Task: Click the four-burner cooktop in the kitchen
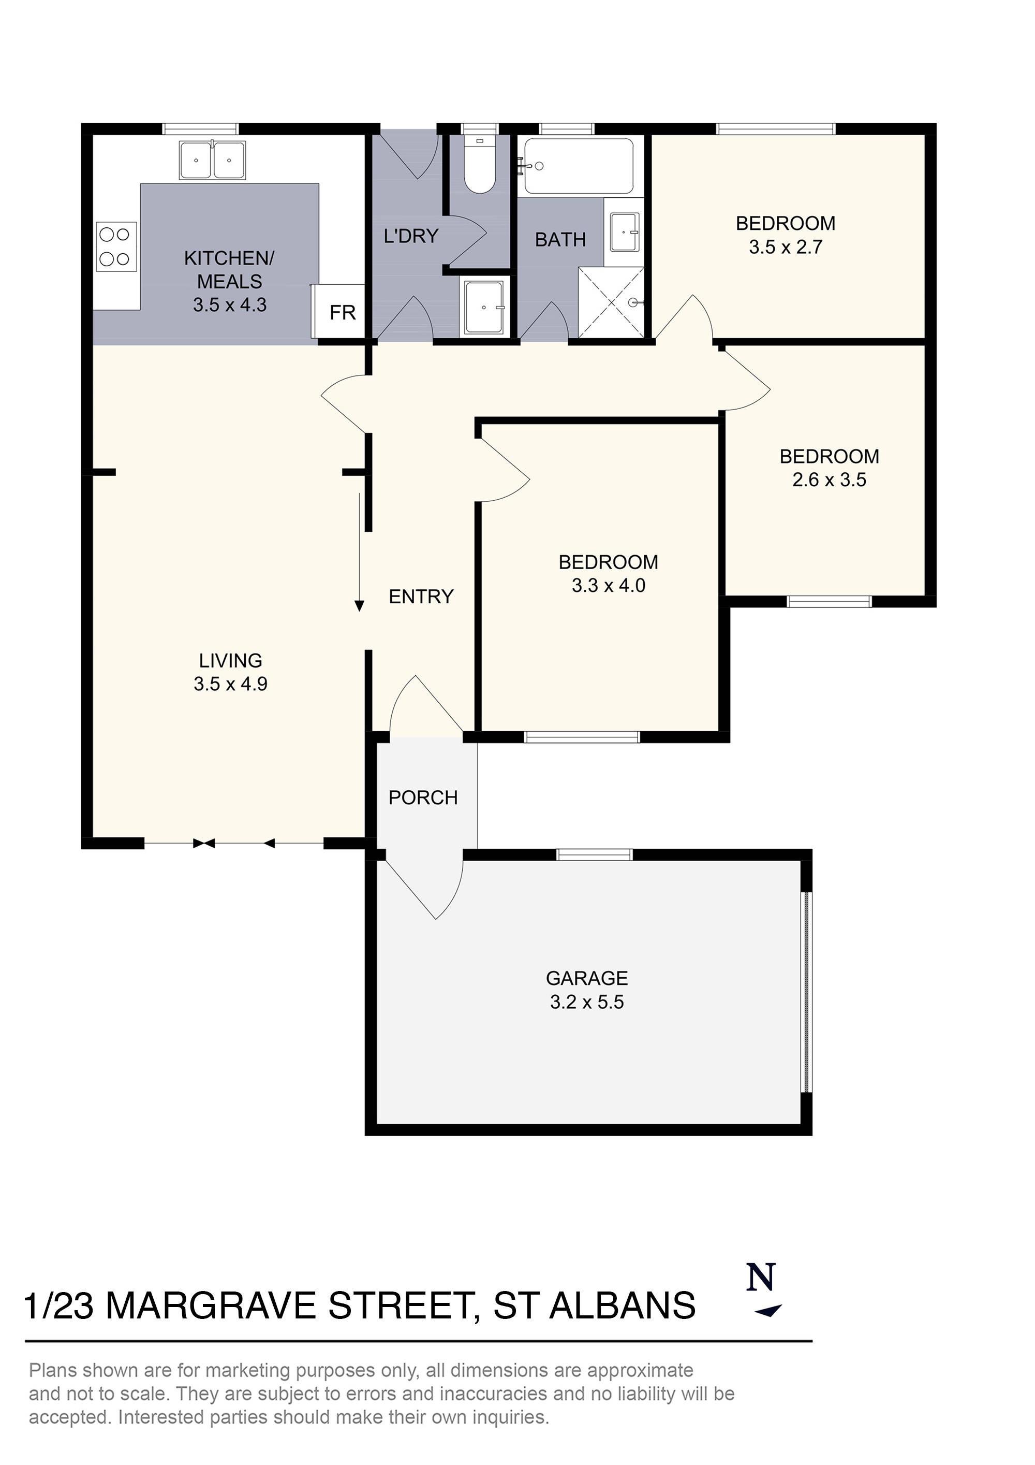tap(116, 246)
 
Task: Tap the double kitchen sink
tap(212, 161)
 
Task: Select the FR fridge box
tap(342, 312)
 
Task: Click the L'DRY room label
tap(411, 236)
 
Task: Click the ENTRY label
tap(421, 597)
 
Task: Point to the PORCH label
tap(423, 797)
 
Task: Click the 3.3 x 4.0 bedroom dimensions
tap(609, 585)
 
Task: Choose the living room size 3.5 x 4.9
tap(230, 684)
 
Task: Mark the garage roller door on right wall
tap(806, 992)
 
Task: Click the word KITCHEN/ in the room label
tap(229, 258)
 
